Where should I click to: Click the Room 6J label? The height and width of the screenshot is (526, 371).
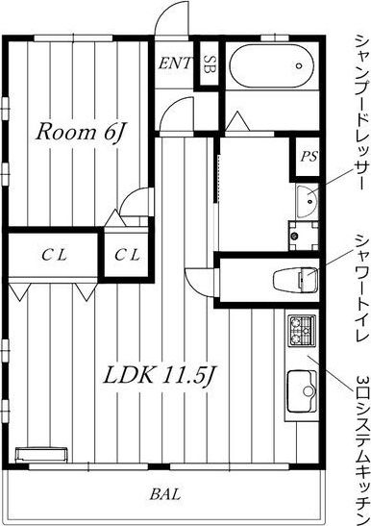coord(80,133)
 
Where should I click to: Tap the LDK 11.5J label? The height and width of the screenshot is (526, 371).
coord(160,375)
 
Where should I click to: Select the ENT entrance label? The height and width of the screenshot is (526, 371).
coord(175,63)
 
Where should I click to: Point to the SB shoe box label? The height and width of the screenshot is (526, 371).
coord(210,63)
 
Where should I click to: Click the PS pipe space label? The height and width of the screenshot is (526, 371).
coord(309,157)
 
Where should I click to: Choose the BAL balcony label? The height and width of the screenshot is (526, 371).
coord(165,494)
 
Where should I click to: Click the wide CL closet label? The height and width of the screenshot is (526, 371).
coord(55,256)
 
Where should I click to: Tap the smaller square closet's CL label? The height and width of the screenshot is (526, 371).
coord(127,256)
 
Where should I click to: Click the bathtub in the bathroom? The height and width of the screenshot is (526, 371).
coord(272,66)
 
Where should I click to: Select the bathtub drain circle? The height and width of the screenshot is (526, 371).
coord(299,65)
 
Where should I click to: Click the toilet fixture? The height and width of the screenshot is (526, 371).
coord(295,280)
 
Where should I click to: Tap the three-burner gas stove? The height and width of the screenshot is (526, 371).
coord(303,331)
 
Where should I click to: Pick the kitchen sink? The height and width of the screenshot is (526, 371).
coord(302,391)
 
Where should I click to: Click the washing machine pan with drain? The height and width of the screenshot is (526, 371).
coord(304,236)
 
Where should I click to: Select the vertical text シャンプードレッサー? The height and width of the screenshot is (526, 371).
coord(362,113)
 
